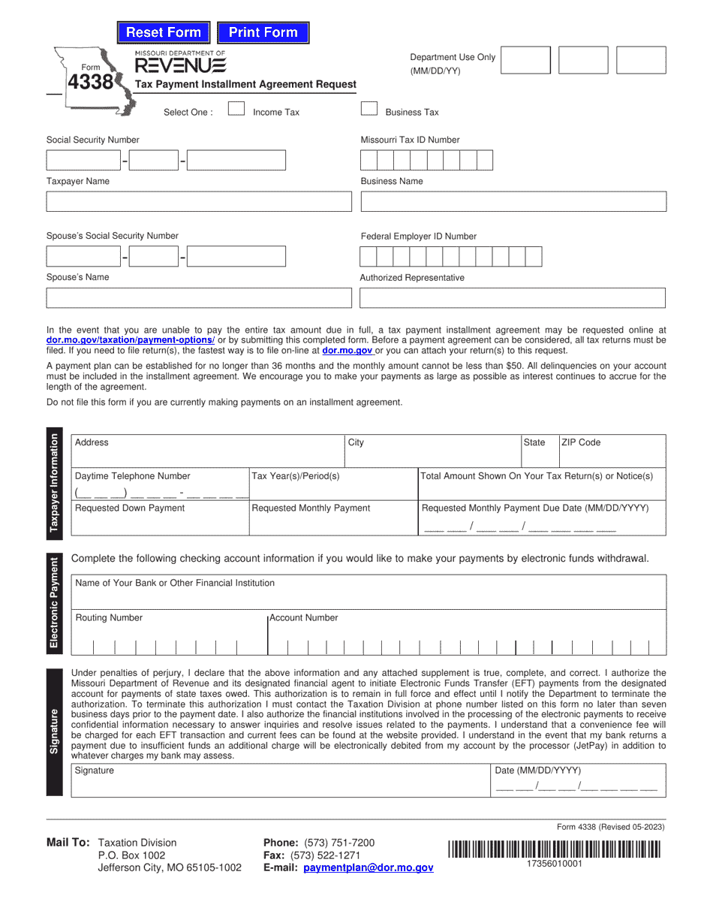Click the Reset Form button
[164, 32]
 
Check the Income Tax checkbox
[236, 109]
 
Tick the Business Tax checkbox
[369, 109]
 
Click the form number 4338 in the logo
[91, 82]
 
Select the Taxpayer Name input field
[199, 202]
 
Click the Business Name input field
[513, 202]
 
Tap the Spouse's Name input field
[199, 298]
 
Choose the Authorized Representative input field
[513, 298]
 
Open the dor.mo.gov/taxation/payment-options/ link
[131, 340]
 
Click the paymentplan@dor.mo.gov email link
[369, 867]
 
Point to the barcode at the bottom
[555, 849]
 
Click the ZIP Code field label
[581, 442]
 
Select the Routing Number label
[109, 617]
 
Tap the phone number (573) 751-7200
[338, 843]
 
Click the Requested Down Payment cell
[160, 518]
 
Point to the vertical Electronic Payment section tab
[55, 603]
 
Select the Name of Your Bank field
[368, 592]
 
